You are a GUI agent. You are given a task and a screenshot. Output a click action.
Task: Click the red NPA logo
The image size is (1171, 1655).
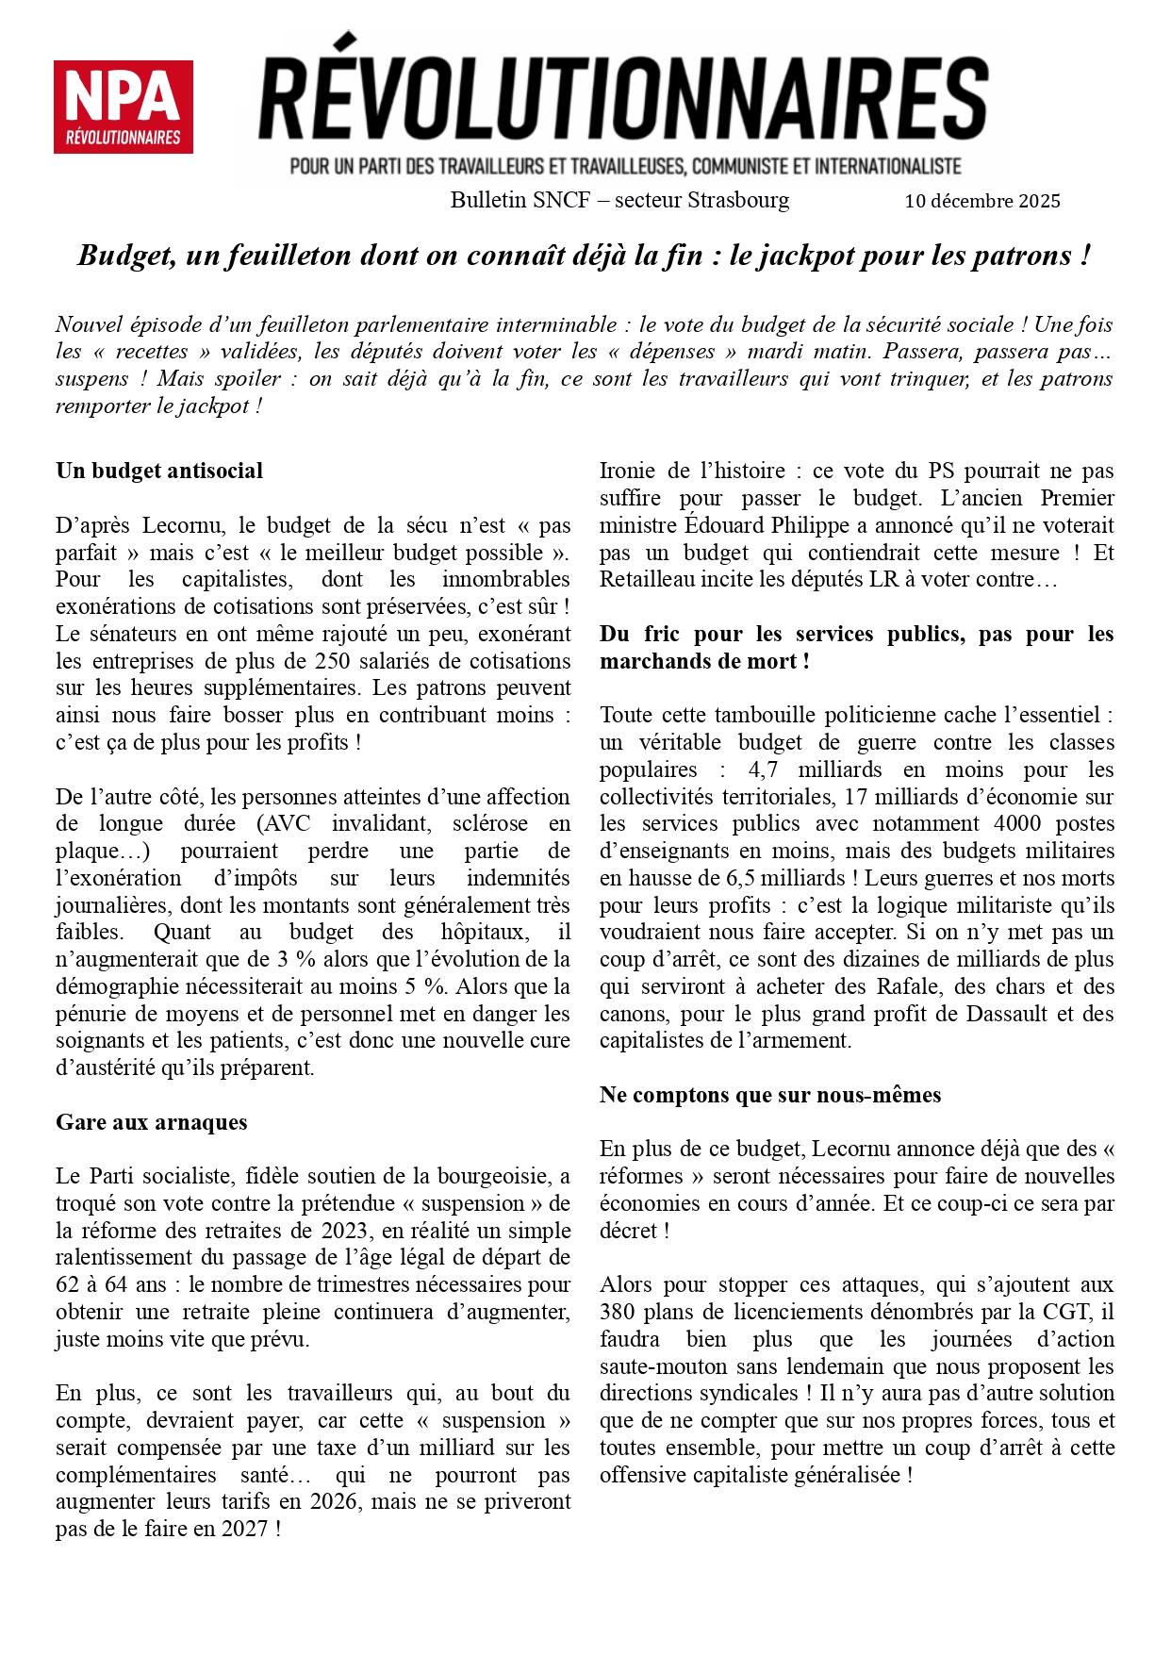[x=124, y=107]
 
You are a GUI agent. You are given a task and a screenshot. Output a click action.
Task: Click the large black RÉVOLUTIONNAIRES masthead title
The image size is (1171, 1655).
[x=623, y=97]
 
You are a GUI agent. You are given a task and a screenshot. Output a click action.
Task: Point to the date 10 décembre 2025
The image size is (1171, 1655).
[x=981, y=201]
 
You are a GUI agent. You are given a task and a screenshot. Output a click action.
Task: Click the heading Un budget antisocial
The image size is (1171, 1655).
[x=159, y=471]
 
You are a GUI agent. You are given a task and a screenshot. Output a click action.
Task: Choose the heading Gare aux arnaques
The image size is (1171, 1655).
[x=152, y=1122]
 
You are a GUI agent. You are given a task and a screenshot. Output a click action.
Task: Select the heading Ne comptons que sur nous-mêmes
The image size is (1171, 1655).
[x=770, y=1095]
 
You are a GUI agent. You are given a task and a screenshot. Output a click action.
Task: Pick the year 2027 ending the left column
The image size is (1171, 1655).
[x=245, y=1529]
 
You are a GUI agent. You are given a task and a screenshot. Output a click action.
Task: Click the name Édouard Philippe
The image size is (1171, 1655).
[x=749, y=525]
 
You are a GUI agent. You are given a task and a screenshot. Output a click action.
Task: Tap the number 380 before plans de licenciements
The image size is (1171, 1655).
[x=618, y=1312]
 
